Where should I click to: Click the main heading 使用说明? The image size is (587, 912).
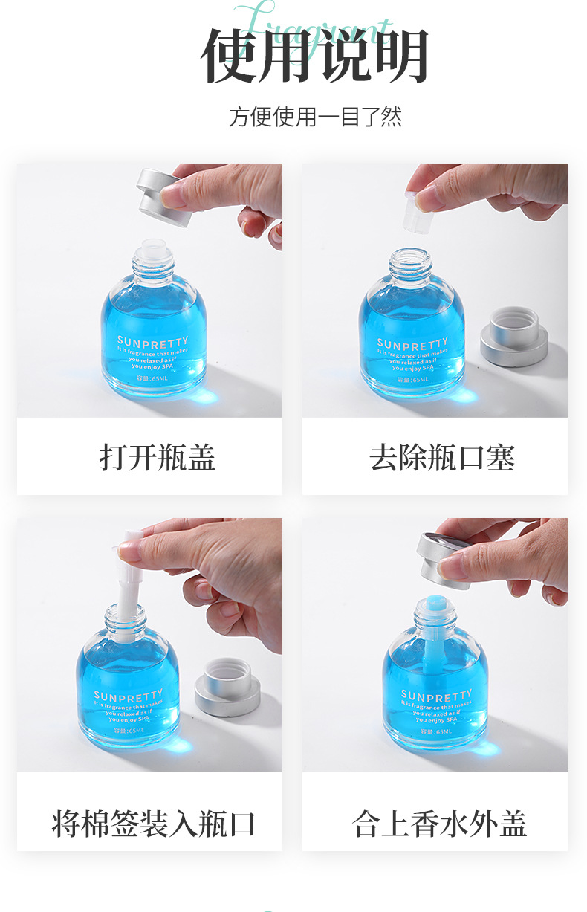coord(315,56)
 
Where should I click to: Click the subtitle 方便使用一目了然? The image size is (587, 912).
coord(315,117)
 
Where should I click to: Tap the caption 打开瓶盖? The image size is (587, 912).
coord(157,457)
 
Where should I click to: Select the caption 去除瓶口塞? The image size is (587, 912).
coord(442,457)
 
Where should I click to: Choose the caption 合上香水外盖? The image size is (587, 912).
coord(440,824)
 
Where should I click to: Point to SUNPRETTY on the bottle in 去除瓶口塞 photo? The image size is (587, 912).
coord(412,345)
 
